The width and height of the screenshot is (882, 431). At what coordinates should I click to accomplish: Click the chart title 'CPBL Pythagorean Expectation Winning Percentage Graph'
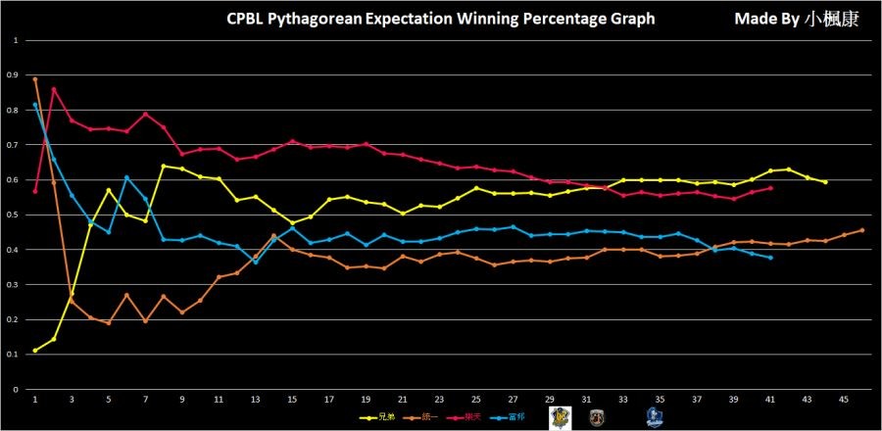click(440, 19)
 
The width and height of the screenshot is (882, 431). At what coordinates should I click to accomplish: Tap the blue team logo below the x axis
click(653, 416)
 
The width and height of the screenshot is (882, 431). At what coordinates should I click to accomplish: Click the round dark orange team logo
click(596, 416)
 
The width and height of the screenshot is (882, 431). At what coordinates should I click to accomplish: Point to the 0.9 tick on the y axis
click(12, 75)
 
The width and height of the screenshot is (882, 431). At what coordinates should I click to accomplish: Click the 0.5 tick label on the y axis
click(12, 215)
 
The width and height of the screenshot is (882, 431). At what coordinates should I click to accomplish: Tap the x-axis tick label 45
click(844, 400)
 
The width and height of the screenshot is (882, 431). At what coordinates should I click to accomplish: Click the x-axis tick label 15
click(292, 400)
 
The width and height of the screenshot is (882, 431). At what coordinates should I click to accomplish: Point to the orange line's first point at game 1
click(34, 79)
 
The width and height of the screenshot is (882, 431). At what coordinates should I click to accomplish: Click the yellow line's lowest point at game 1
click(34, 351)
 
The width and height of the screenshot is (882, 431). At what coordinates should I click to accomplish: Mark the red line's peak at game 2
click(53, 89)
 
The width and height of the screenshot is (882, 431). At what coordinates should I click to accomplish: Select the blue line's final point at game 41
click(770, 258)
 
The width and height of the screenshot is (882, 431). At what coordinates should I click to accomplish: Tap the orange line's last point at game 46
click(862, 230)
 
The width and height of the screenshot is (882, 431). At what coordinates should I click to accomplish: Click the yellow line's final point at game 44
click(825, 182)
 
